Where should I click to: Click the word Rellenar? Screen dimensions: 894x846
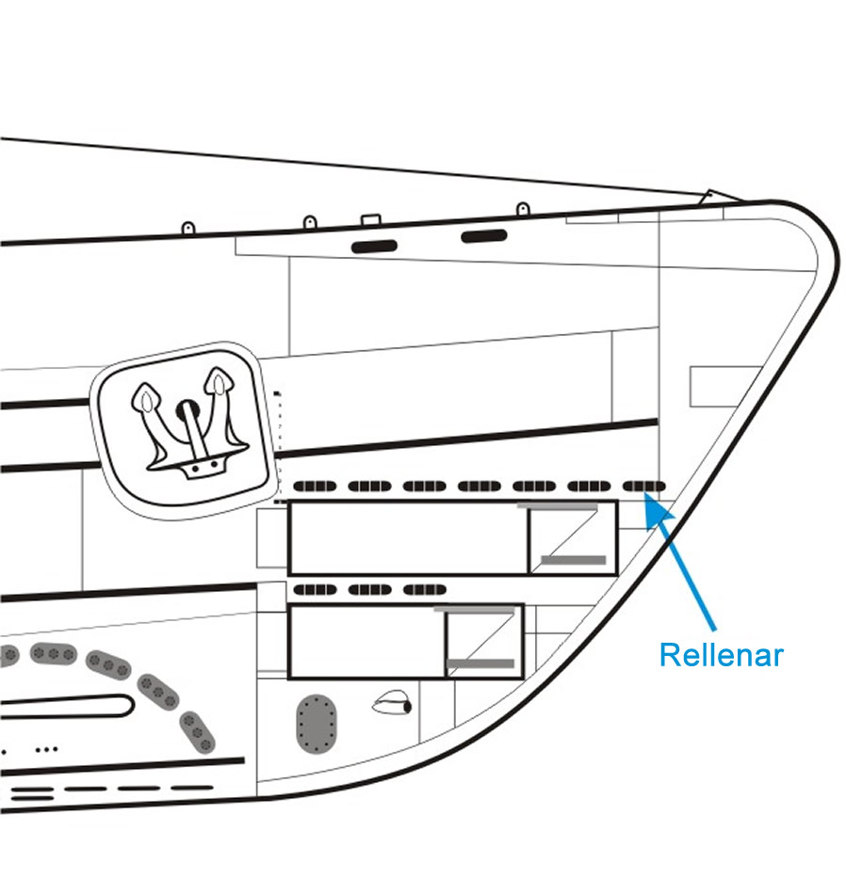[721, 655]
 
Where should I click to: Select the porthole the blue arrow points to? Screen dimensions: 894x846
[644, 487]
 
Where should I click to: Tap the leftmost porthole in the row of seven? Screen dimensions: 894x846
[315, 487]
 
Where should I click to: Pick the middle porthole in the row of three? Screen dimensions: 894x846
[369, 590]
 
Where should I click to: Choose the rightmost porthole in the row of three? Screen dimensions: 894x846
[424, 590]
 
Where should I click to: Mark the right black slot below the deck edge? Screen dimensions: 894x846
[484, 235]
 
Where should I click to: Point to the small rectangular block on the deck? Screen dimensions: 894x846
[369, 220]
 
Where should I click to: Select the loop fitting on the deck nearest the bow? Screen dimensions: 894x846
[522, 208]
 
